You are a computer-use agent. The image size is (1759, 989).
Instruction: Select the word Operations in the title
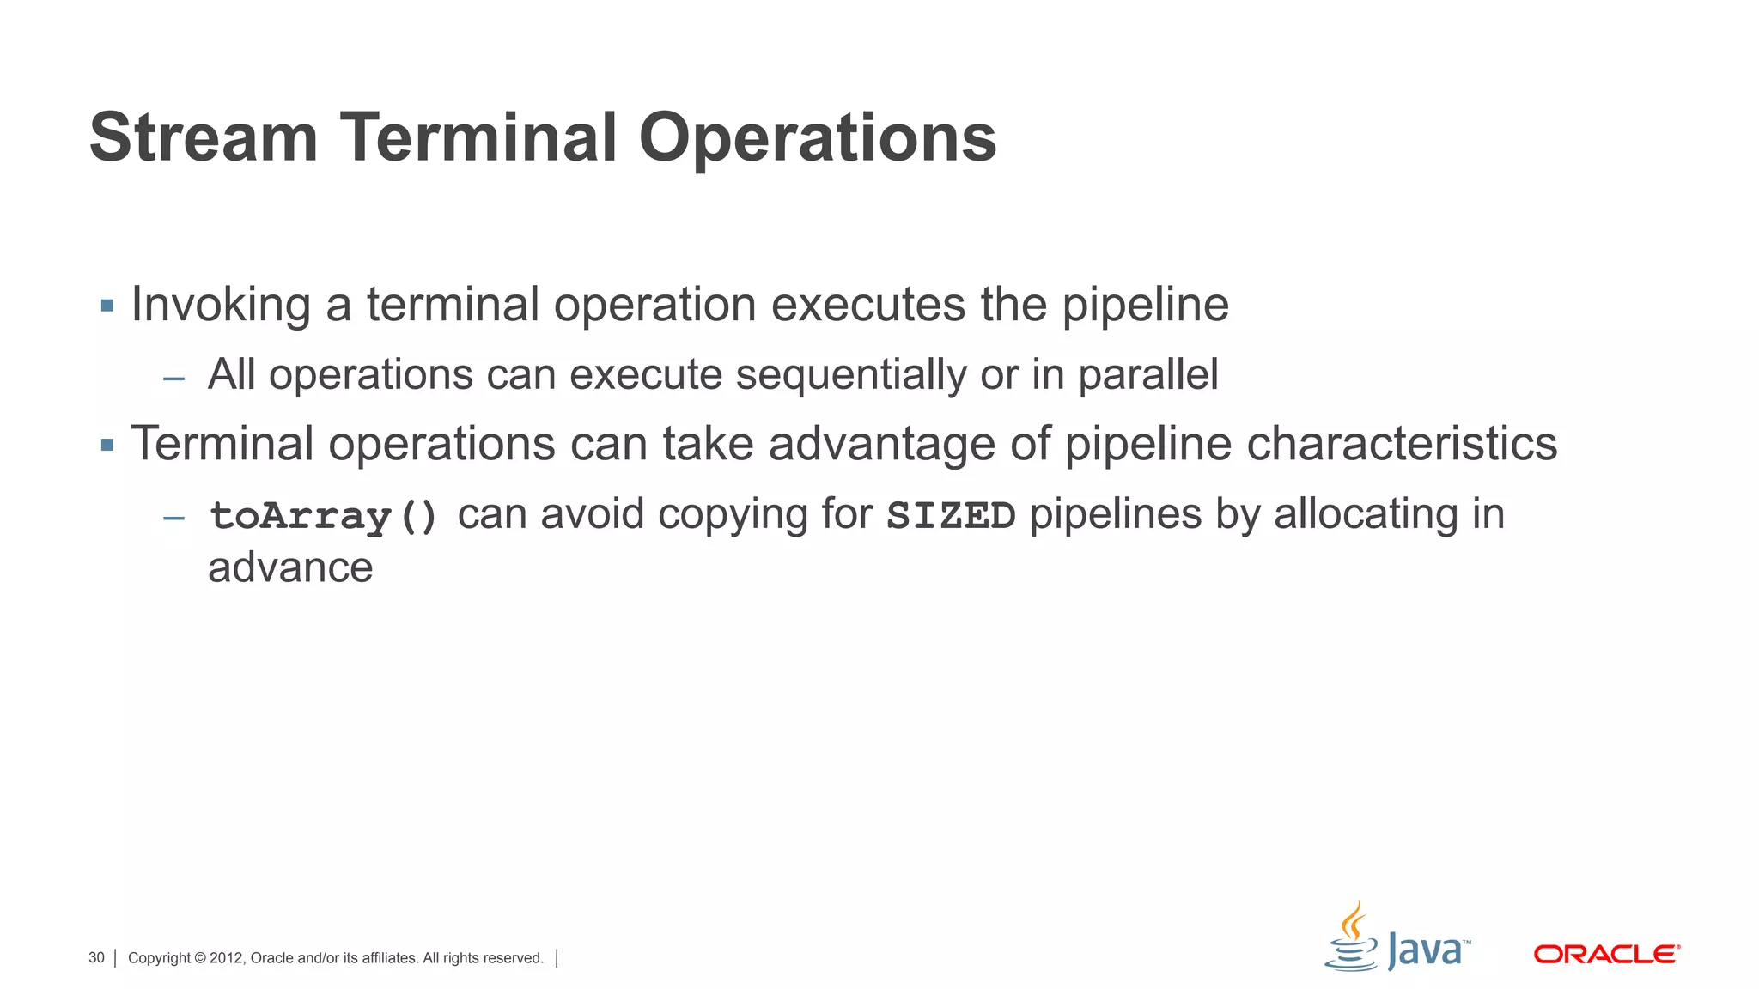pyautogui.click(x=817, y=139)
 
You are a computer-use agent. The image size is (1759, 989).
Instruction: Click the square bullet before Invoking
pyautogui.click(x=107, y=306)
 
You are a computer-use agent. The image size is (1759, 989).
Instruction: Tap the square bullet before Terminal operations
pyautogui.click(x=107, y=445)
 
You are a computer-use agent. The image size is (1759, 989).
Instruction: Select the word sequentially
pyautogui.click(x=851, y=375)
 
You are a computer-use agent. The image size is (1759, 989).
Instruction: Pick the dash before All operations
pyautogui.click(x=174, y=378)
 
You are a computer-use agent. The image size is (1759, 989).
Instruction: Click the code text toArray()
pyautogui.click(x=324, y=515)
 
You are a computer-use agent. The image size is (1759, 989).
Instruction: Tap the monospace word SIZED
pyautogui.click(x=951, y=515)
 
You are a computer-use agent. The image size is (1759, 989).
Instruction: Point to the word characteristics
pyautogui.click(x=1401, y=444)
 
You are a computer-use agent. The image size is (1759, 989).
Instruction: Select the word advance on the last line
pyautogui.click(x=290, y=567)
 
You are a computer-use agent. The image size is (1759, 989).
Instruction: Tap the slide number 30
pyautogui.click(x=96, y=957)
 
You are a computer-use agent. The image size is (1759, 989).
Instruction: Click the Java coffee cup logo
pyautogui.click(x=1352, y=937)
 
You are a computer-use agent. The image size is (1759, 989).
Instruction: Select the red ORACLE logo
pyautogui.click(x=1606, y=954)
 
